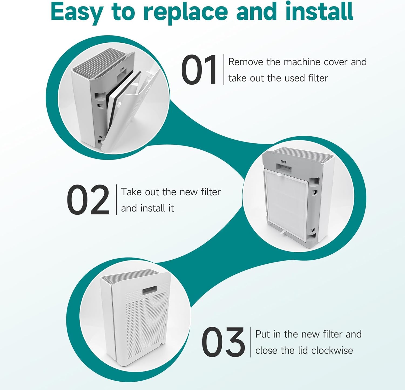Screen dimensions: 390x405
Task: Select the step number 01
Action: [x=199, y=70]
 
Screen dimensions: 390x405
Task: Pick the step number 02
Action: [x=88, y=200]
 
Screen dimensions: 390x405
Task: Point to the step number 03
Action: [x=223, y=342]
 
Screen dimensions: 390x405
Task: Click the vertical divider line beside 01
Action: [x=224, y=70]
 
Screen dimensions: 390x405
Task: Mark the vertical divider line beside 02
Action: [x=116, y=200]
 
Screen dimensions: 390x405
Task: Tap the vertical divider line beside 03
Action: [x=251, y=342]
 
